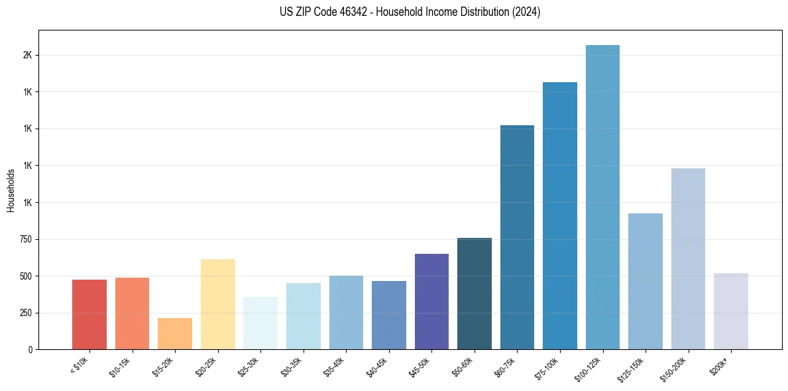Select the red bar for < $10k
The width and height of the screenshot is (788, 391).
[89, 314]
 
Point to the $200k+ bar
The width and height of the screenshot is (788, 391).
[731, 311]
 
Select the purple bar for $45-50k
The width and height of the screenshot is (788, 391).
[431, 302]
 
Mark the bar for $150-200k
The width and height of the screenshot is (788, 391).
[688, 258]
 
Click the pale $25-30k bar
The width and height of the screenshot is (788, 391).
[260, 323]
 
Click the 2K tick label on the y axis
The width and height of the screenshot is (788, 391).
[27, 55]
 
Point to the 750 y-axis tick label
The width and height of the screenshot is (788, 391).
[25, 239]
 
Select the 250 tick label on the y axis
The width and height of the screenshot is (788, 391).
[25, 313]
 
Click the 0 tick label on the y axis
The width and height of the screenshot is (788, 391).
[30, 349]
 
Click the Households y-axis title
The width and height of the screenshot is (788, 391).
[11, 190]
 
